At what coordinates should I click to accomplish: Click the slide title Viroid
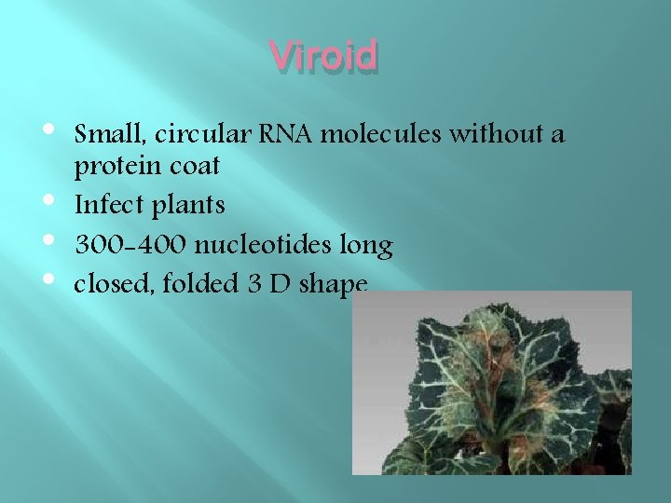click(x=324, y=56)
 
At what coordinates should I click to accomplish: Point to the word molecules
click(x=381, y=135)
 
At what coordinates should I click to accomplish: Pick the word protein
click(x=111, y=168)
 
